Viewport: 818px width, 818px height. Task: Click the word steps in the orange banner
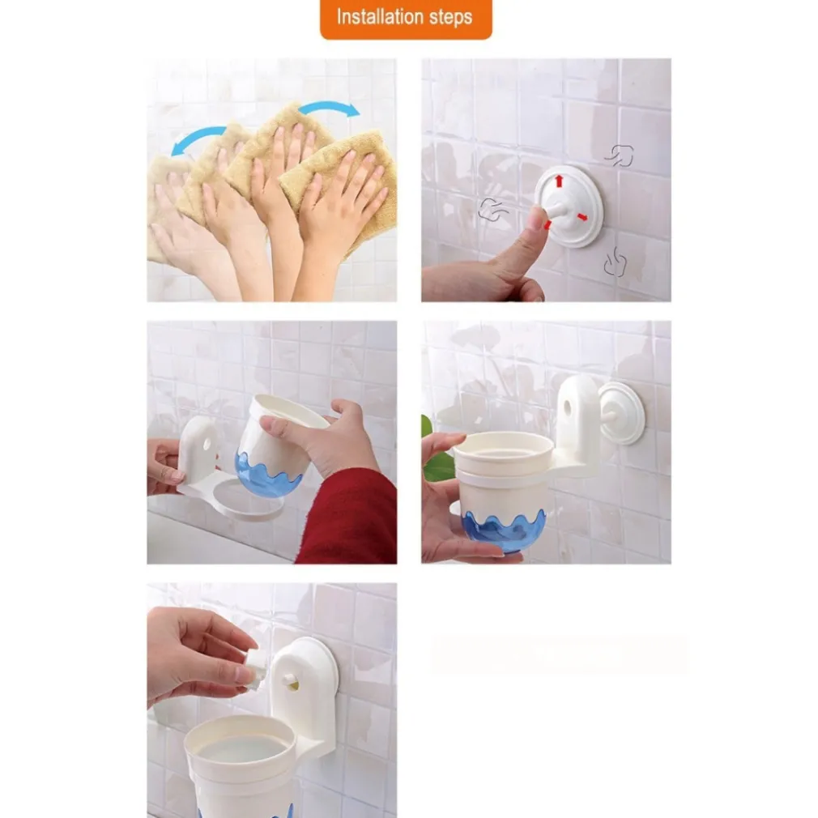[x=451, y=18]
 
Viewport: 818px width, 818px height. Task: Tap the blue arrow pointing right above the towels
[x=330, y=108]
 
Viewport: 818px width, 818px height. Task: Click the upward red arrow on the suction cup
[x=560, y=181]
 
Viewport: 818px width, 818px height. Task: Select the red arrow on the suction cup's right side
[x=582, y=216]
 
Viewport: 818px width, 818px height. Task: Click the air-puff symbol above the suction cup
[x=620, y=156]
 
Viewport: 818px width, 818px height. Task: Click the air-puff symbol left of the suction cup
[x=492, y=210]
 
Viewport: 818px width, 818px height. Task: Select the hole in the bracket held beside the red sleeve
[x=207, y=445]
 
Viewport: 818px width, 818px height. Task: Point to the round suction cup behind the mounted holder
[x=622, y=413]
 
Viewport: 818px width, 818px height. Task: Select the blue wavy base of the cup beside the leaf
[x=504, y=530]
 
